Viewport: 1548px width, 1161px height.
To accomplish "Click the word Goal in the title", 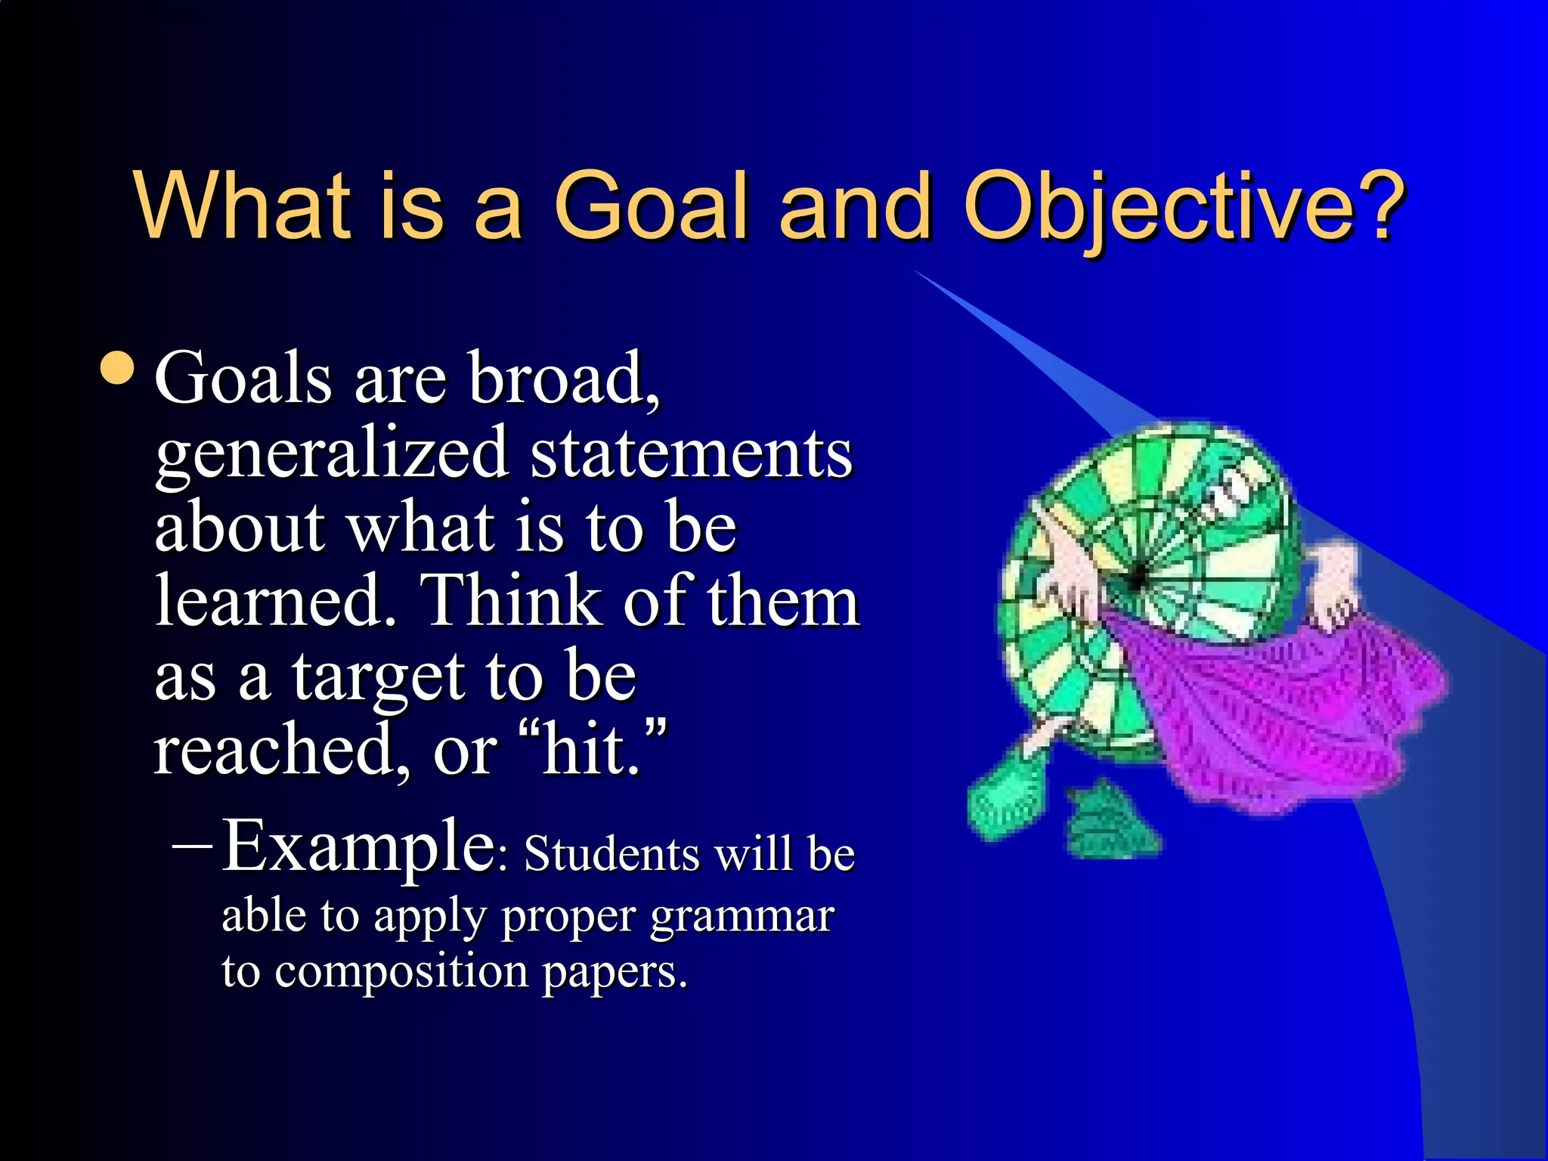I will [652, 206].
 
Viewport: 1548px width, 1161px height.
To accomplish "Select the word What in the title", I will [243, 206].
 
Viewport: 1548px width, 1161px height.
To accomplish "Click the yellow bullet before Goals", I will [118, 368].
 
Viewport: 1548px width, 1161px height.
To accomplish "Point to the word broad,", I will [564, 378].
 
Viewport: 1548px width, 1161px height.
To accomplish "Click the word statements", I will [691, 454].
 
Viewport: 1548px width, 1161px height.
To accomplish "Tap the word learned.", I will [275, 601].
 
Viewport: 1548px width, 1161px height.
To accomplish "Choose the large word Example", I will [358, 847].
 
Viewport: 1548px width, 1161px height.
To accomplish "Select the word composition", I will [401, 971].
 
